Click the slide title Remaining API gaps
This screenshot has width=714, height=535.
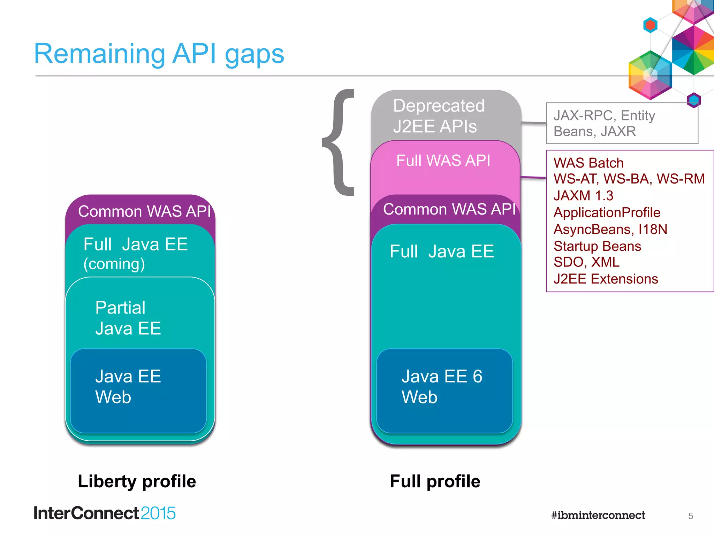pyautogui.click(x=159, y=54)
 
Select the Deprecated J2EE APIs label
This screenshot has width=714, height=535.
pyautogui.click(x=438, y=116)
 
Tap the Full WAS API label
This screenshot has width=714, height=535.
pyautogui.click(x=443, y=161)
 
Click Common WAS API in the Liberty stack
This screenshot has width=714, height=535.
pyautogui.click(x=144, y=211)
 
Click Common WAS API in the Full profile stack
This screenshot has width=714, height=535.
pyautogui.click(x=449, y=209)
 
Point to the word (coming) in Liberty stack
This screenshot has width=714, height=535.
pyautogui.click(x=114, y=264)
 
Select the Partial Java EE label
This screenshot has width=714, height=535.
pyautogui.click(x=128, y=318)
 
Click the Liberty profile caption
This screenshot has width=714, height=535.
pyautogui.click(x=137, y=481)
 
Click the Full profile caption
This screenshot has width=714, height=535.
pyautogui.click(x=435, y=481)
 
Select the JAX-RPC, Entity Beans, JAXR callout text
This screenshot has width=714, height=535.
pyautogui.click(x=604, y=123)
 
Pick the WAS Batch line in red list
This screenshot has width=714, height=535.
pyautogui.click(x=588, y=163)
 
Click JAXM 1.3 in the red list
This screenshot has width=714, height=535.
pyautogui.click(x=583, y=196)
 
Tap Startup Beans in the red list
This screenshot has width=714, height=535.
pyautogui.click(x=597, y=246)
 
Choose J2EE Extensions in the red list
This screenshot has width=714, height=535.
pyautogui.click(x=606, y=279)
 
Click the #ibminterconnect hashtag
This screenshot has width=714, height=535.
pyautogui.click(x=598, y=515)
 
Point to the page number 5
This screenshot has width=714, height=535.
pyautogui.click(x=690, y=516)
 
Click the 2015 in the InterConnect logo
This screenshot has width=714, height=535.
pyautogui.click(x=158, y=513)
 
